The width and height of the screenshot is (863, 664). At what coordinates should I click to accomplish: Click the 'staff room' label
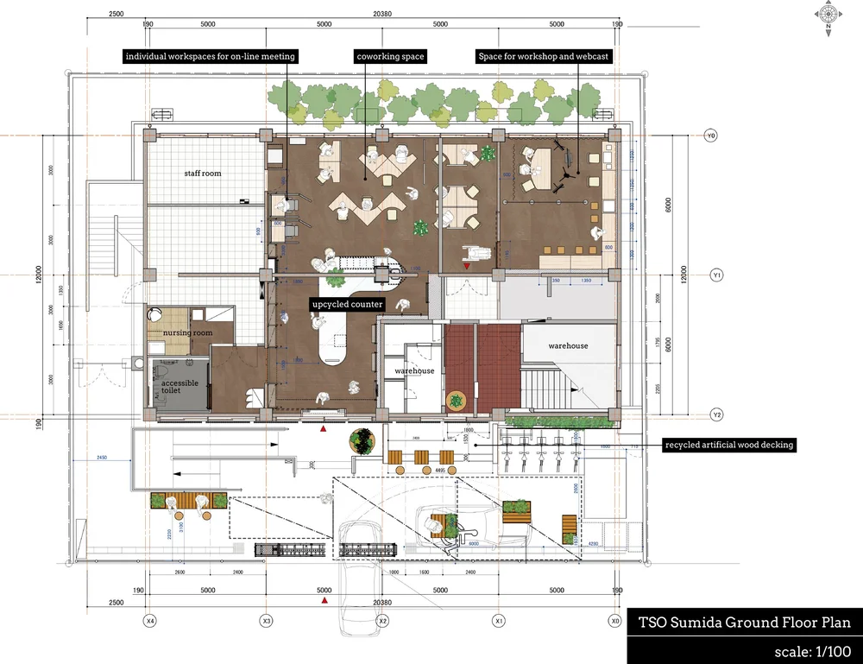[202, 174]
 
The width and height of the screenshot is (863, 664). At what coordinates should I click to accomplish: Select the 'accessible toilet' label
[180, 387]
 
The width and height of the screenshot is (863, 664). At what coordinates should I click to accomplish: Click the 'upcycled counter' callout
[347, 304]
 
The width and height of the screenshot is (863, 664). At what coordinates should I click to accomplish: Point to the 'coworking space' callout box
[390, 57]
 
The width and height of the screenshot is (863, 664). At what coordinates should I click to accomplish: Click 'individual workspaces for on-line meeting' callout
[211, 57]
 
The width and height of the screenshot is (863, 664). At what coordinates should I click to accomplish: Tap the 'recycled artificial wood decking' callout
[728, 446]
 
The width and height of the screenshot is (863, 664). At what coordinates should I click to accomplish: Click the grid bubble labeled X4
[150, 621]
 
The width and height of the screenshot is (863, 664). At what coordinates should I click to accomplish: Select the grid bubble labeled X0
[614, 621]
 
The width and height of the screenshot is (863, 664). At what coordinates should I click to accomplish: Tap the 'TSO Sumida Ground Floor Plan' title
[744, 623]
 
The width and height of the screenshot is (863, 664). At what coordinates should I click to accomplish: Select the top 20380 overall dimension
[382, 13]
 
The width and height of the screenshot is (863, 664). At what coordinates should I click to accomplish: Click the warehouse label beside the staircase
[568, 345]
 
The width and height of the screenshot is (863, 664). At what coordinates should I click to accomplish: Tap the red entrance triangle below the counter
[324, 427]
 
